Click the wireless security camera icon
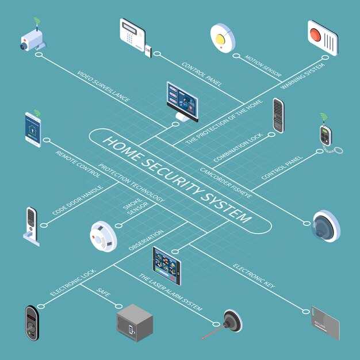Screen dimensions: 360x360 click(x=33, y=38)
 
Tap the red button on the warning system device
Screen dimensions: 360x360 click(x=315, y=35)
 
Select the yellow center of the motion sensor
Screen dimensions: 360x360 click(x=220, y=39)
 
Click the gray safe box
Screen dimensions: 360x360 click(x=135, y=323)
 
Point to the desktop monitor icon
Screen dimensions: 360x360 click(x=182, y=102)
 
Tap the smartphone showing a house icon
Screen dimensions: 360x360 click(x=33, y=130)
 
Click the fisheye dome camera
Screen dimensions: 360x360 click(x=326, y=227)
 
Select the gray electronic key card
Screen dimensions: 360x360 click(x=325, y=323)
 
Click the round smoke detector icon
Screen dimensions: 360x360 click(x=104, y=236)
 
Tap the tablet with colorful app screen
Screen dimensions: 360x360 click(x=167, y=266)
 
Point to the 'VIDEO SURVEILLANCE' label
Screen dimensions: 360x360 click(x=103, y=86)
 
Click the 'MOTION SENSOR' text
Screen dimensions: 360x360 click(x=263, y=66)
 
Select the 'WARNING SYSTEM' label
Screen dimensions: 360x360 click(x=303, y=76)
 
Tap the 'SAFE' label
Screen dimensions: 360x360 click(x=104, y=292)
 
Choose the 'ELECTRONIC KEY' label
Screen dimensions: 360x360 click(x=254, y=276)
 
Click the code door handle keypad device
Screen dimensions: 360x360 click(x=32, y=227)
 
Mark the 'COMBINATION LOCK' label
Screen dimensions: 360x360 click(x=238, y=148)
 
